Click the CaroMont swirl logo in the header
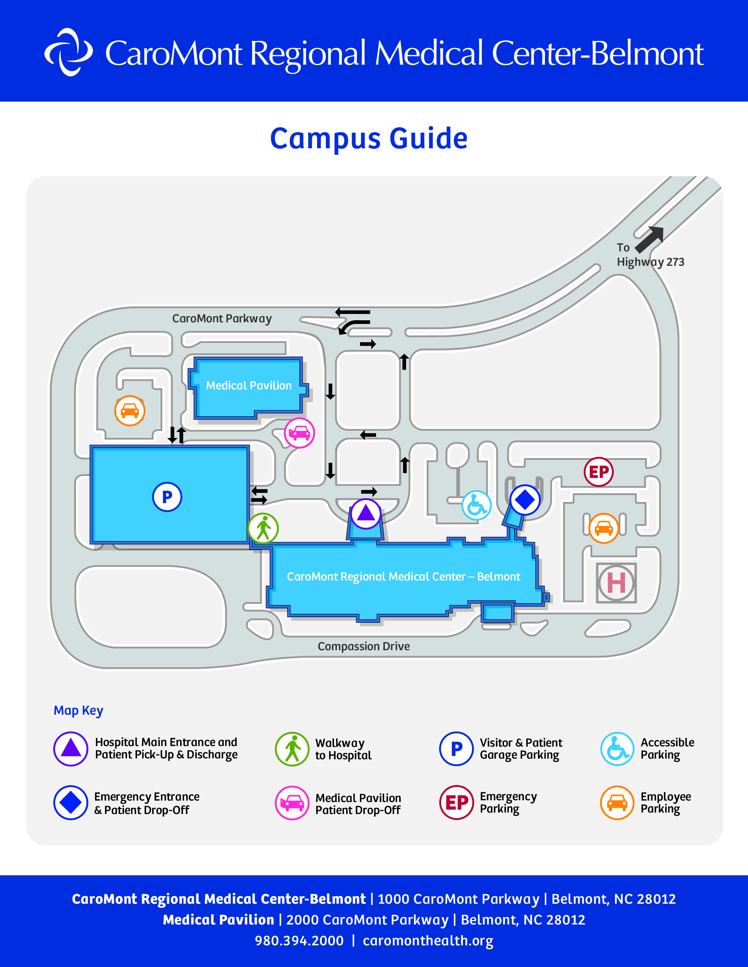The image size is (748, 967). [69, 52]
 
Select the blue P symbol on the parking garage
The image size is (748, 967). [167, 497]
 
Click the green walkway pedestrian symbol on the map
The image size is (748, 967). [263, 528]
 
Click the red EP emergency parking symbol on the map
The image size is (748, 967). [599, 472]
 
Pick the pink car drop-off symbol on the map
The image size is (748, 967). [299, 433]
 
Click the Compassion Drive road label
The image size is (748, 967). [364, 646]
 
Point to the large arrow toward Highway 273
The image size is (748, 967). [650, 239]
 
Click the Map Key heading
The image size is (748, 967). [78, 711]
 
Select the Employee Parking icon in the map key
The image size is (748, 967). [617, 803]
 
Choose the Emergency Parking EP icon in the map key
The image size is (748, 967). [456, 803]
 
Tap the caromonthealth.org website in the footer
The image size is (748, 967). [428, 941]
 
